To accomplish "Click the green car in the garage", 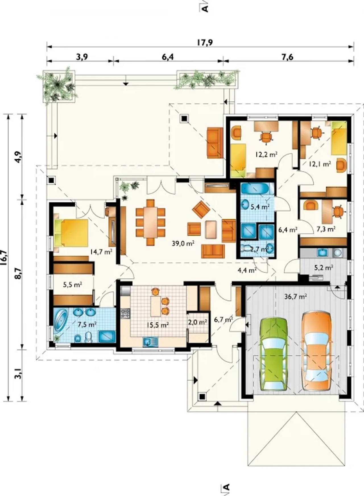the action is point(274,354).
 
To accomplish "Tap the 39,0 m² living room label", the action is point(183,243).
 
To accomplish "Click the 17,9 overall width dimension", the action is point(205,42).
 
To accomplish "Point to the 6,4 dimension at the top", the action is point(167,57).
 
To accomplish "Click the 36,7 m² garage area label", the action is point(295,297).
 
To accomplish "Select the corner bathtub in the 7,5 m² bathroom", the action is point(60,320).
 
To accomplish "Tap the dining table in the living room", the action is point(150,222).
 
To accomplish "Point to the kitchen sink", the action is point(150,341).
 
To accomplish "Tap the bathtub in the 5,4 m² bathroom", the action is point(255,189).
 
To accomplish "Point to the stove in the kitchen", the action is point(125,313).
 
